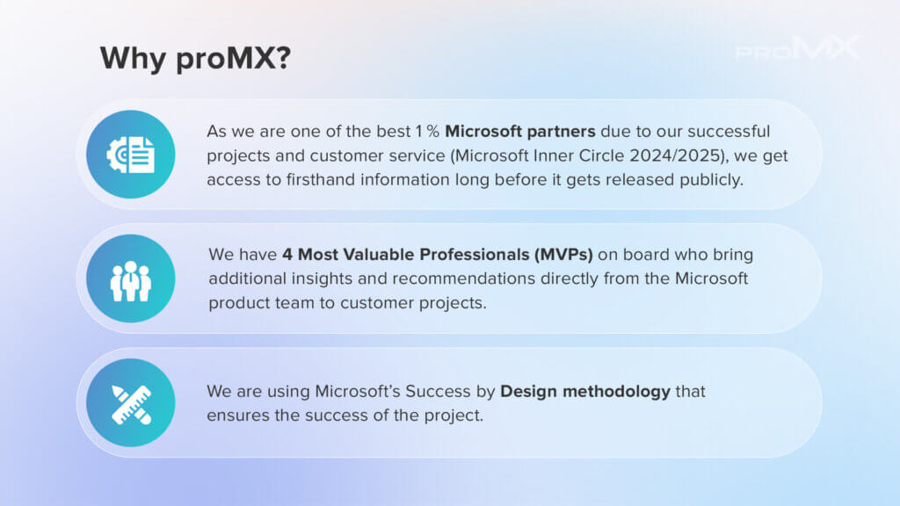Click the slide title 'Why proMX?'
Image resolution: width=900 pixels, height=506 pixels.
195,59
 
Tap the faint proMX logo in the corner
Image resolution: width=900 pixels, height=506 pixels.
798,48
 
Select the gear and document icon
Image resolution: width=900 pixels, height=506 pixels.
131,155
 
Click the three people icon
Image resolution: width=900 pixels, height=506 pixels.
131,281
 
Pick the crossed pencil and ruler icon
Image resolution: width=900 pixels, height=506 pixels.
132,404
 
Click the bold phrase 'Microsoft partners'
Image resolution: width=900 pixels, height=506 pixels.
520,132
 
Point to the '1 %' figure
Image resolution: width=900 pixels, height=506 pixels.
428,132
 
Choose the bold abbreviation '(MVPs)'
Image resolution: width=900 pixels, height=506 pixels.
563,255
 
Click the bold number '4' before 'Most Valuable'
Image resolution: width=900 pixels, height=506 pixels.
287,255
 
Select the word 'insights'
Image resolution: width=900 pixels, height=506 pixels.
322,279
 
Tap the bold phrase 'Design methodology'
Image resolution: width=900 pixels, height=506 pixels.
585,392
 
